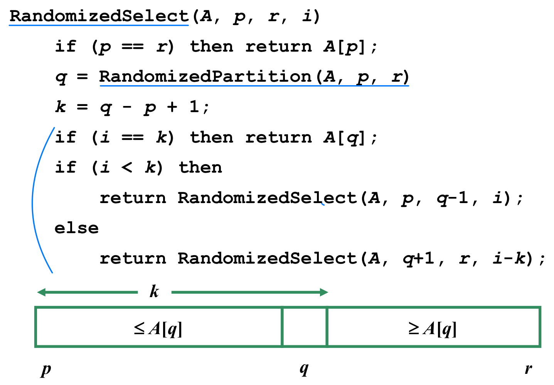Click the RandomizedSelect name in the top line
[x=99, y=16]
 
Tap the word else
[x=76, y=228]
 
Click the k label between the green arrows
[x=154, y=292]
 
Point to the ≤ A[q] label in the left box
[x=158, y=328]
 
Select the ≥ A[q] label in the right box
[x=433, y=328]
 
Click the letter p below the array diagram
[x=46, y=369]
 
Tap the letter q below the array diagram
[x=304, y=369]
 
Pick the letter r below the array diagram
[x=528, y=369]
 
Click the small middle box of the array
[x=305, y=327]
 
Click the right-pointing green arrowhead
[x=324, y=292]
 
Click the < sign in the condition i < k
[x=127, y=168]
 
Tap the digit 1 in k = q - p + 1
[x=194, y=107]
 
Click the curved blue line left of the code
[x=33, y=200]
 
